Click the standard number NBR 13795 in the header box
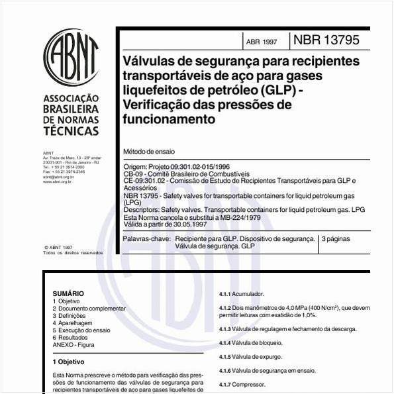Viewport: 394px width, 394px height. click(326, 40)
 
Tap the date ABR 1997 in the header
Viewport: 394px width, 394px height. click(262, 42)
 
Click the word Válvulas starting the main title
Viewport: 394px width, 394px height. click(153, 61)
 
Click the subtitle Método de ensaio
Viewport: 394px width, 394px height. click(150, 152)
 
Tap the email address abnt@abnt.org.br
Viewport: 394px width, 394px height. click(58, 177)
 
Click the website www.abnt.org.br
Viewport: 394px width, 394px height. click(58, 181)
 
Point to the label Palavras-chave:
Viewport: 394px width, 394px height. click(146, 238)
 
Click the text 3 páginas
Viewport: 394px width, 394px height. click(336, 238)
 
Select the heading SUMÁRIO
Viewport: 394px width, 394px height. click(68, 293)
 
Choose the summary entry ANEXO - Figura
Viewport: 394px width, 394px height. click(74, 344)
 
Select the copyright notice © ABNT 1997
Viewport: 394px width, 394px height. click(59, 247)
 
